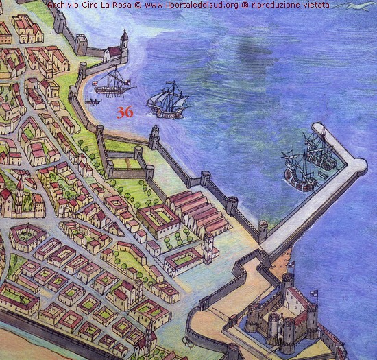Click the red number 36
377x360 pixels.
click(x=124, y=112)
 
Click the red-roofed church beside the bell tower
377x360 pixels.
click(x=114, y=53)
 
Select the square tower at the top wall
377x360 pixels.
click(x=82, y=45)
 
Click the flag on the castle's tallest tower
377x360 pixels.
click(x=291, y=264)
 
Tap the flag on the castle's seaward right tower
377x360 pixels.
click(x=315, y=293)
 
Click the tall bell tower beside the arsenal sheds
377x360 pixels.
click(x=208, y=246)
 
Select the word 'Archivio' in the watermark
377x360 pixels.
click(x=65, y=5)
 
